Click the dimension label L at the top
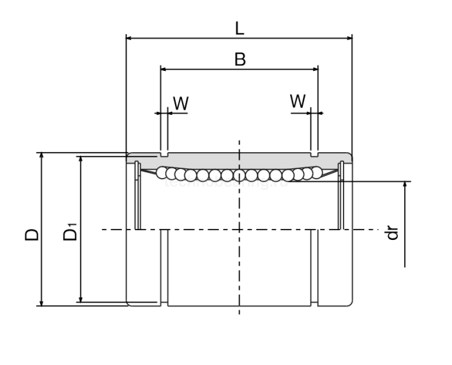[x=239, y=28]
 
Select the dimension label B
[x=240, y=60]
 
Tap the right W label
[x=298, y=101]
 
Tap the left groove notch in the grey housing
[x=164, y=155]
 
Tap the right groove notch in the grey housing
[x=314, y=155]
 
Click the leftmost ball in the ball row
[x=162, y=172]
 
